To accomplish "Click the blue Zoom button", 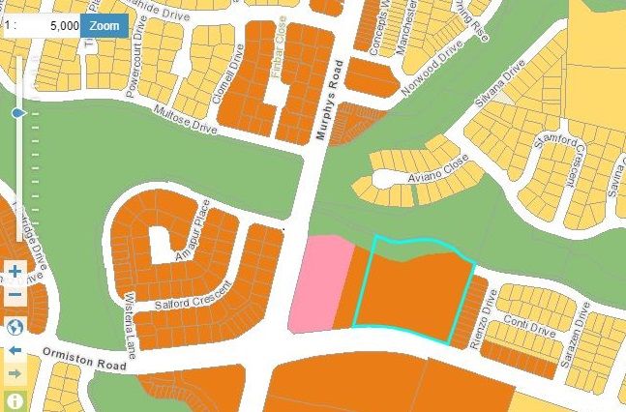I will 104,23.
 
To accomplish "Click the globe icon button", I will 15,325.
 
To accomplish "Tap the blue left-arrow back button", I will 15,349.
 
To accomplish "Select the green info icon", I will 15,399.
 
